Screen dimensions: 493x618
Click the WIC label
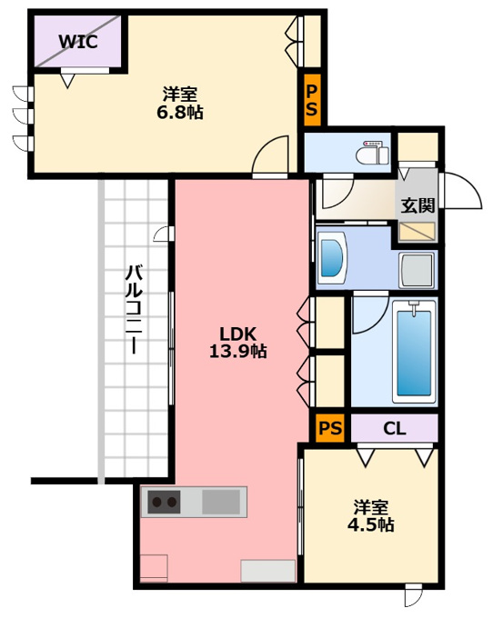78,42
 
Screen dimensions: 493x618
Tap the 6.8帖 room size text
180,113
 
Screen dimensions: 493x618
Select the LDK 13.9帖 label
237,343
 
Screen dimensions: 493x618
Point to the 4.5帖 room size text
370,525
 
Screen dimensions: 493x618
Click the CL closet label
395,428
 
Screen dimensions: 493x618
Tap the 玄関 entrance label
418,205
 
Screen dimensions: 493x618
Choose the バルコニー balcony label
134,309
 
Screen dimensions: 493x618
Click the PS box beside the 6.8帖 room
312,100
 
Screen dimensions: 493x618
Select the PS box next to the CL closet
330,428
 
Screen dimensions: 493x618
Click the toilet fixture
373,152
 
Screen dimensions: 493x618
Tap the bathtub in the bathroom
414,352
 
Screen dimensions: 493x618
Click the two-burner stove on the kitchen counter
165,502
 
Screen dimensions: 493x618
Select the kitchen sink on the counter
221,502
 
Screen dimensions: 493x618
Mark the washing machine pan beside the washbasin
417,271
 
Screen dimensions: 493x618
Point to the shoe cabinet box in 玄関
417,232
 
